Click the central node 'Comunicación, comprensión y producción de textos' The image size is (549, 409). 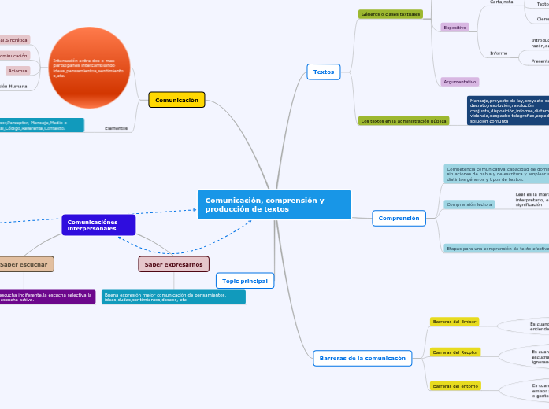tap(273, 204)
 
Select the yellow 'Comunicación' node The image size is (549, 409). tap(176, 100)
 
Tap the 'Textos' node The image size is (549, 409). tap(324, 72)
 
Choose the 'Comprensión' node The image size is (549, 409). tap(399, 218)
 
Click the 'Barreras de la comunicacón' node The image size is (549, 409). tap(362, 358)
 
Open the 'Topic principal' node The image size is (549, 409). tap(244, 281)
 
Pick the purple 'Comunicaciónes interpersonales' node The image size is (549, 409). tap(98, 225)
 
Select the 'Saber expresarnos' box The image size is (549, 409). tap(173, 264)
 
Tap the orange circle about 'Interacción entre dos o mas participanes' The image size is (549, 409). tap(90, 67)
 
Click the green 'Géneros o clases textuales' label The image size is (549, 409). tap(389, 14)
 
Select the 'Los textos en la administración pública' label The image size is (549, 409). tap(403, 121)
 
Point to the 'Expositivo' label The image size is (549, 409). tap(454, 28)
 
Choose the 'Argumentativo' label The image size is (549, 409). tap(460, 82)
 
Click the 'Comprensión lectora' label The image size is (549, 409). tap(469, 204)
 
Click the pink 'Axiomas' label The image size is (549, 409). tap(17, 71)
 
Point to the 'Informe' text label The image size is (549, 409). tap(499, 53)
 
